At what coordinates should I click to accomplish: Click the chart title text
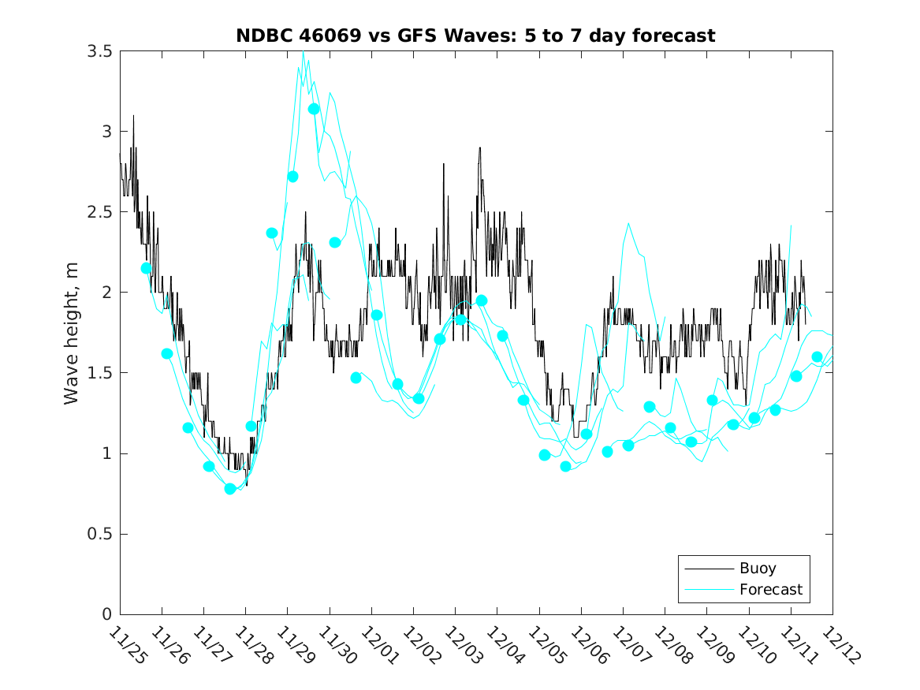click(475, 35)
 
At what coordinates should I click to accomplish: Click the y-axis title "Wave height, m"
click(72, 334)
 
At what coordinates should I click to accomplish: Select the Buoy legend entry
click(757, 568)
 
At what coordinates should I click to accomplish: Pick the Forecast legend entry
click(770, 589)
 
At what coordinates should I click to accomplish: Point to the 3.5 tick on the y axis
click(99, 51)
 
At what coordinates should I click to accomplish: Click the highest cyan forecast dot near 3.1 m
click(314, 109)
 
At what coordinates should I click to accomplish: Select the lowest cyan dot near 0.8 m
click(230, 489)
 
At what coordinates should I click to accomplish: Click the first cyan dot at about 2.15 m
click(146, 268)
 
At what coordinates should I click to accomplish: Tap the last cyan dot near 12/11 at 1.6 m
click(817, 356)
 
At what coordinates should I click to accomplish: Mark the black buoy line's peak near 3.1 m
click(133, 116)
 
